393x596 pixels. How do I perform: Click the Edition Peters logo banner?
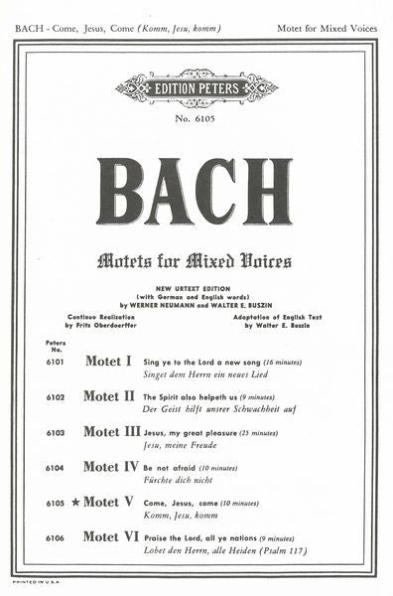pos(196,86)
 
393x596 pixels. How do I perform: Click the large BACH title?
pos(196,190)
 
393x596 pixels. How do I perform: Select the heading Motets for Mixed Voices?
pos(195,261)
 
